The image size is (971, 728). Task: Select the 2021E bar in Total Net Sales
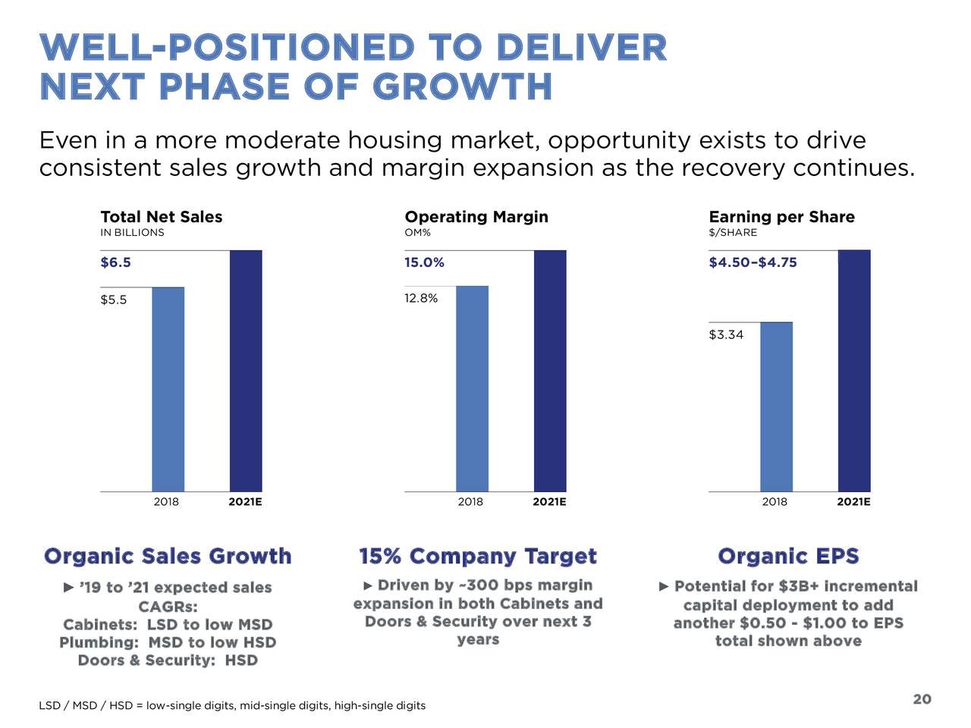coord(246,371)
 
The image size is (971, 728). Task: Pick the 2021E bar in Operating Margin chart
coord(550,371)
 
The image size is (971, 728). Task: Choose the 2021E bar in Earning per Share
coord(854,371)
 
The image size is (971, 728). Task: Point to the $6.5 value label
coord(115,262)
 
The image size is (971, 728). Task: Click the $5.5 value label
coord(114,300)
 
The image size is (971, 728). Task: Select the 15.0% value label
coord(424,262)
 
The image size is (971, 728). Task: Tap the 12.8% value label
coord(421,298)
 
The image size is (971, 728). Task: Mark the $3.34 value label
coord(726,334)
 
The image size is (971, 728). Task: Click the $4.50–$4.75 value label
coord(753,262)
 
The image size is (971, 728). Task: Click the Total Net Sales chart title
coord(162,217)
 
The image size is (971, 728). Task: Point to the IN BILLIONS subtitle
coord(132,233)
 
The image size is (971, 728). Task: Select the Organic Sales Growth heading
coord(168,557)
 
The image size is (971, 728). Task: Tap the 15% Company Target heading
coord(478,557)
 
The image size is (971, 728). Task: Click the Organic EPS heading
coord(788,557)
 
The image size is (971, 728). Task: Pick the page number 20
coord(922,699)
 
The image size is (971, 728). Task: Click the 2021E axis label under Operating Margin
coord(549,502)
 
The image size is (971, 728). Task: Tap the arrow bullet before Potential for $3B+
coord(665,586)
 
